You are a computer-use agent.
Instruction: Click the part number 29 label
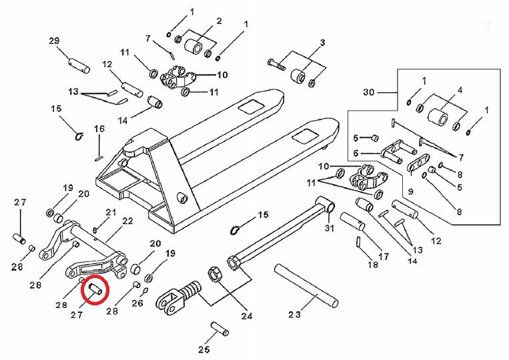pyautogui.click(x=55, y=41)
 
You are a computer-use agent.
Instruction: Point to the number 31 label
pyautogui.click(x=328, y=229)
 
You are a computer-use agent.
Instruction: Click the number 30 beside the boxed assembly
pyautogui.click(x=370, y=91)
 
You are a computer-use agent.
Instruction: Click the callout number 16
pyautogui.click(x=99, y=129)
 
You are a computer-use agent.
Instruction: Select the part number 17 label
pyautogui.click(x=383, y=255)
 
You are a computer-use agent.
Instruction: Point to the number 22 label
pyautogui.click(x=127, y=221)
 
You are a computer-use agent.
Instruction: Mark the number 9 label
pyautogui.click(x=410, y=191)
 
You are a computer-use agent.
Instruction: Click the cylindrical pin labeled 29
pyautogui.click(x=79, y=65)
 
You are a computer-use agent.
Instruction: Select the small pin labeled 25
pyautogui.click(x=219, y=328)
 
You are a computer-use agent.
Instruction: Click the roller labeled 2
pyautogui.click(x=196, y=47)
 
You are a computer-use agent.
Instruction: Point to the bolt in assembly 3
pyautogui.click(x=277, y=65)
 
